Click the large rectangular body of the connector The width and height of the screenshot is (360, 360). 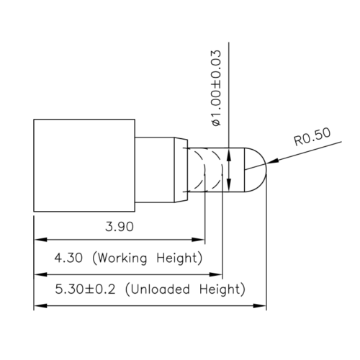click(x=85, y=166)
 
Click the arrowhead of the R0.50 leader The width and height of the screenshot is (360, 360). click(x=269, y=163)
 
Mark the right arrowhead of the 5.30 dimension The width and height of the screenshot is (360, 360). click(x=261, y=307)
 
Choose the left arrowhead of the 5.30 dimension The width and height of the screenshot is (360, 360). click(x=40, y=307)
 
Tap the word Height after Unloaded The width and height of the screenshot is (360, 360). click(x=224, y=290)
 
